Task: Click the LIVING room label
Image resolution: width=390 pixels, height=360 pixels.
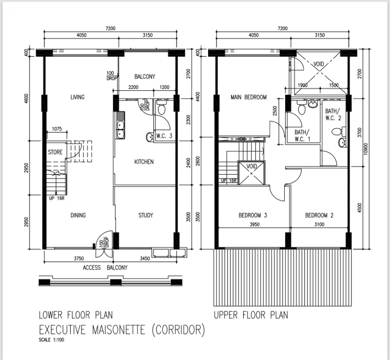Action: (78, 97)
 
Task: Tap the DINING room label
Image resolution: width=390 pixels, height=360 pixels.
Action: (78, 215)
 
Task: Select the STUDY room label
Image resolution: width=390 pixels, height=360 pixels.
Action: (146, 215)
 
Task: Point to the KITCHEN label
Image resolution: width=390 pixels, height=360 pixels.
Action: (144, 162)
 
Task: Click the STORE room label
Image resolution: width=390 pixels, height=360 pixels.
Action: (55, 152)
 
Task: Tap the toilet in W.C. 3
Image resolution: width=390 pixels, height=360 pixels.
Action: (162, 107)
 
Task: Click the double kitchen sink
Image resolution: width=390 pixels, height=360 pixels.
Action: (120, 125)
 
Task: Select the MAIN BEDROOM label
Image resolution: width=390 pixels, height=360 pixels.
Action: (249, 97)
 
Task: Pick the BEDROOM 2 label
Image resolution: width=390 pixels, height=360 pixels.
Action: (319, 215)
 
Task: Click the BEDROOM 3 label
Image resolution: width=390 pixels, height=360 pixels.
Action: (253, 215)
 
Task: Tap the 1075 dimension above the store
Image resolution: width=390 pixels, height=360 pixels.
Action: (57, 129)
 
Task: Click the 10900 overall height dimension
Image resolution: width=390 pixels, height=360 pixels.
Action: (365, 149)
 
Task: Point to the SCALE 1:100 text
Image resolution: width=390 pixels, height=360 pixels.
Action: (51, 340)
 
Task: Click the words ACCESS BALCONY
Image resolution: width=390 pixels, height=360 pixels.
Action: (105, 268)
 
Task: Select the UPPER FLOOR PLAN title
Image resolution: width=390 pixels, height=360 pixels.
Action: (251, 315)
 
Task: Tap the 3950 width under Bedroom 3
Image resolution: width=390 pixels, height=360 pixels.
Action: (254, 224)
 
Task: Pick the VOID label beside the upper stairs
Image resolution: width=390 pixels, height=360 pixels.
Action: (252, 166)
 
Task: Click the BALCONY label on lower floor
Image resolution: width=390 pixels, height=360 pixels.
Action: (145, 77)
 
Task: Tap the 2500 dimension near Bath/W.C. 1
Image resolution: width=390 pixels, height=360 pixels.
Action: (274, 111)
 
